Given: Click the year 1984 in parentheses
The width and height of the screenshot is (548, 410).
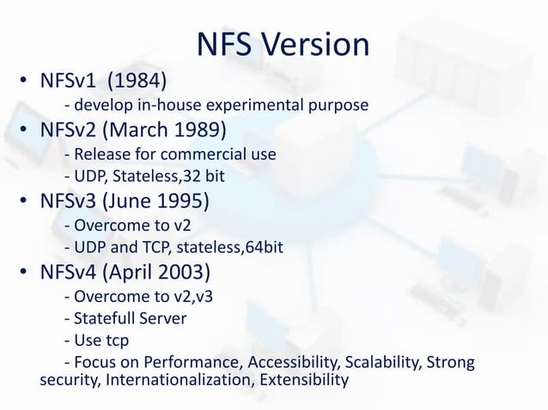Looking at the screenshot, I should [137, 82].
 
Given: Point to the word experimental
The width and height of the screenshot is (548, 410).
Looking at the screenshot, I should [254, 106].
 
